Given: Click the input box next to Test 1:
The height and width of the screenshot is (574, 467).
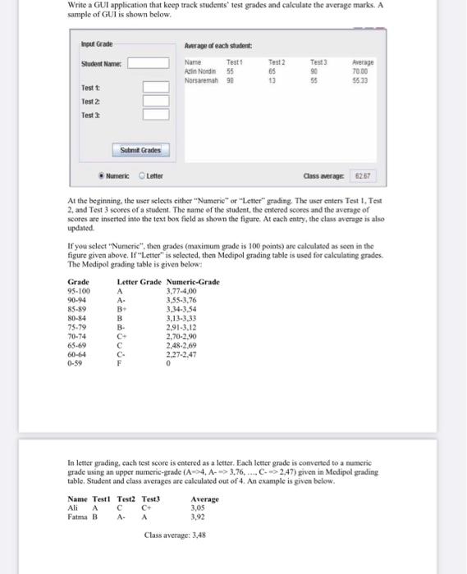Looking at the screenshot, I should [155, 88].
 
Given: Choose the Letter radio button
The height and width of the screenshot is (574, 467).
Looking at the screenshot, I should [142, 175].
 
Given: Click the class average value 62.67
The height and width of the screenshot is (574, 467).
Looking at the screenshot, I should [361, 175].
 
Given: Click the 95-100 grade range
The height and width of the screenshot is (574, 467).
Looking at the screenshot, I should [79, 290].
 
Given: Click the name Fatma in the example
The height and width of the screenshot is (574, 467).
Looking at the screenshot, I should [77, 517].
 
